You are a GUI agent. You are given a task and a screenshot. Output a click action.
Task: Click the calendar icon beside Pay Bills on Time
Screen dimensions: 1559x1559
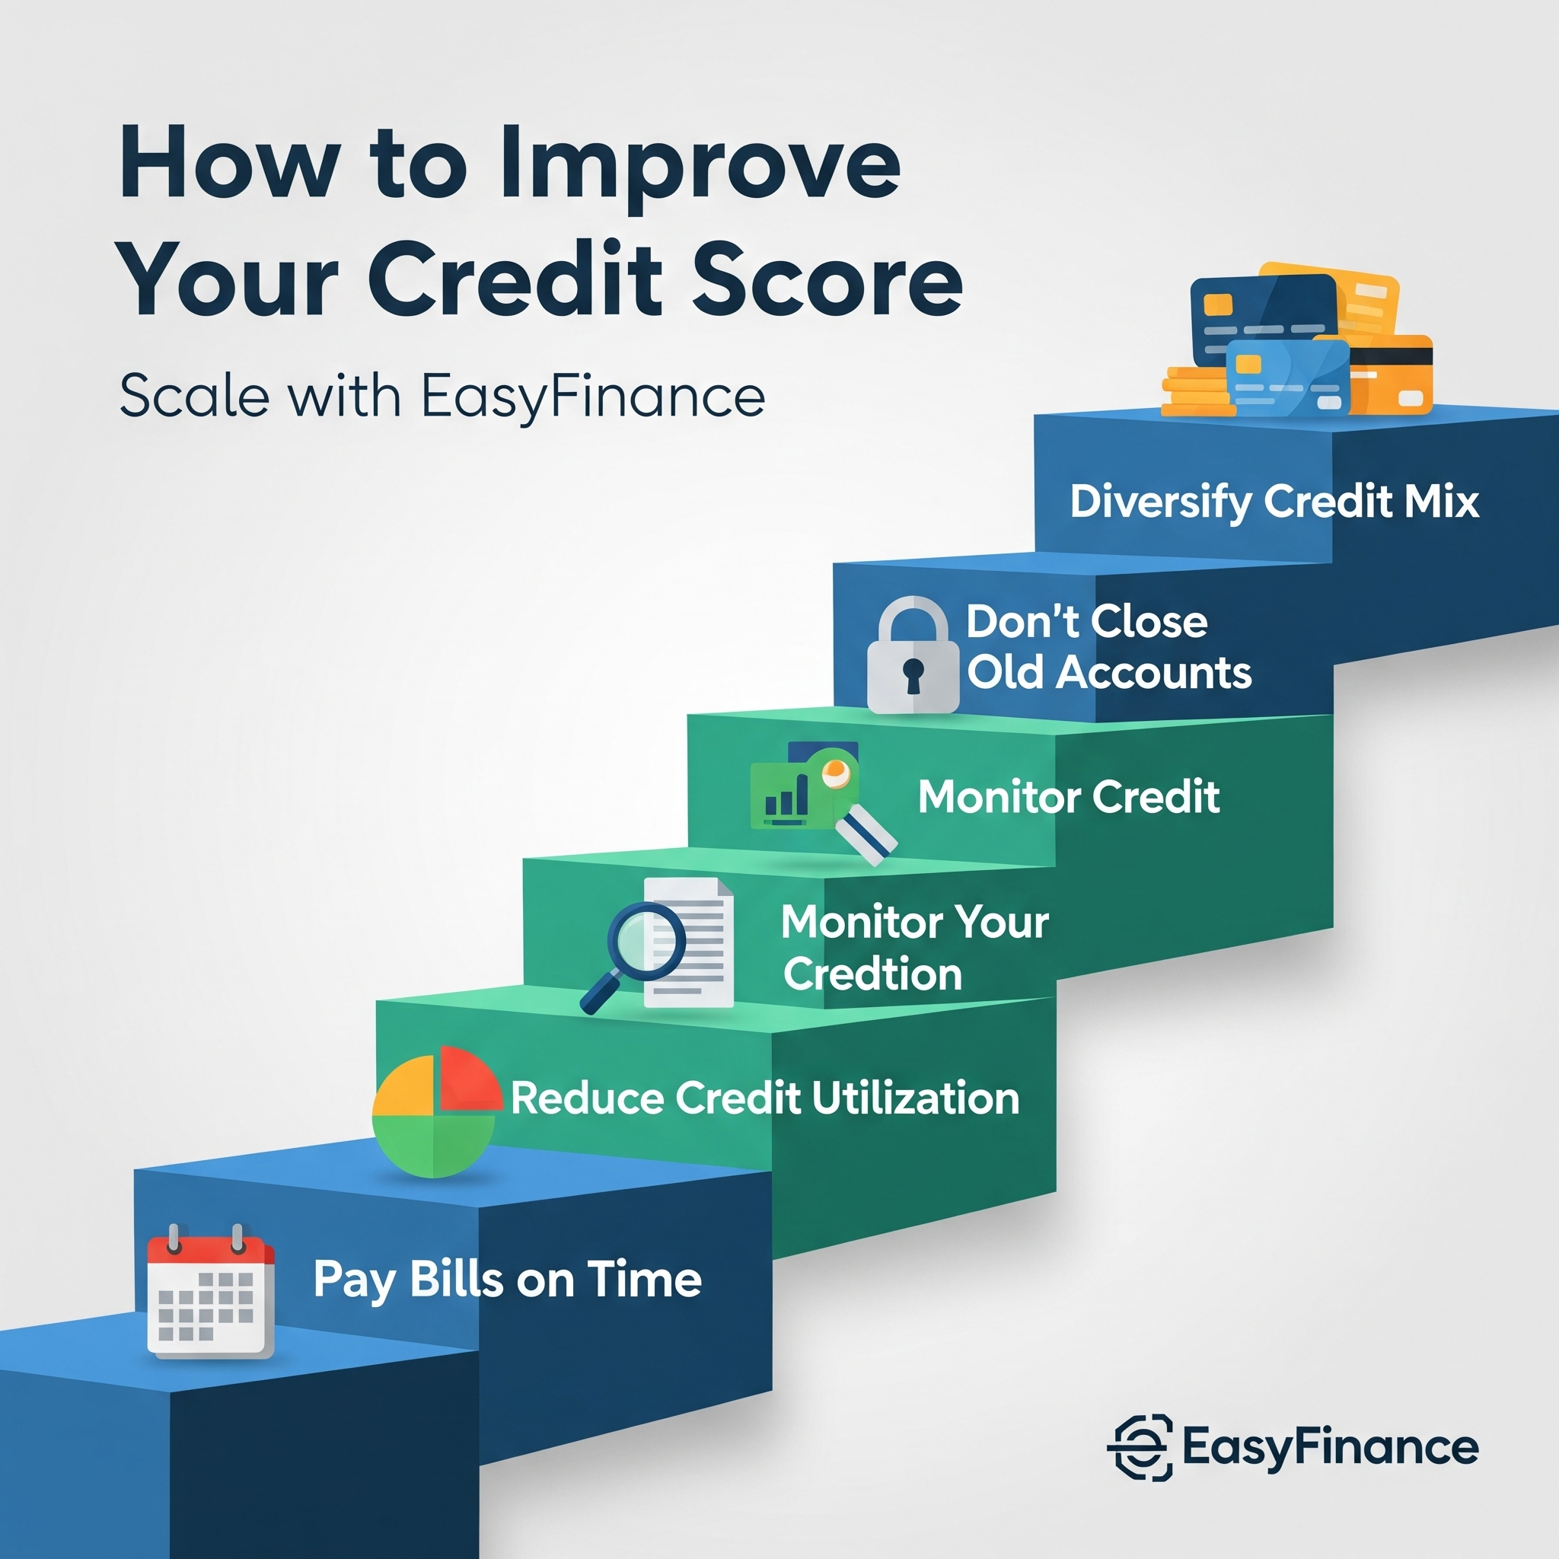click(211, 1291)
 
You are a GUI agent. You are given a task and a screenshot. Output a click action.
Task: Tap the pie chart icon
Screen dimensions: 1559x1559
click(436, 1112)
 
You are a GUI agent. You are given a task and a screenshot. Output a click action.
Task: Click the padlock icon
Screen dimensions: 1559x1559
click(913, 655)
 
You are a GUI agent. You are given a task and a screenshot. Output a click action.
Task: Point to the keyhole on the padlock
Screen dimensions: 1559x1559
click(913, 674)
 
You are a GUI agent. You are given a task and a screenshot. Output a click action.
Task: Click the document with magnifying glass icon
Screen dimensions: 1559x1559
click(658, 944)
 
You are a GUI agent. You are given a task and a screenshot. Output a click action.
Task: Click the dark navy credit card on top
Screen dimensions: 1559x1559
click(1263, 319)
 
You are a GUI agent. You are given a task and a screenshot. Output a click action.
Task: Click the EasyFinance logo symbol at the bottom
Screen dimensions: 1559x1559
click(1140, 1448)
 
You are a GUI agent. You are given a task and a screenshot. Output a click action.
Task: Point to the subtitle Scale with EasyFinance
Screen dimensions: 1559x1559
click(442, 396)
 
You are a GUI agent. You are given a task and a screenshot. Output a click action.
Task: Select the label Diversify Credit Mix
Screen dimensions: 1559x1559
click(1275, 502)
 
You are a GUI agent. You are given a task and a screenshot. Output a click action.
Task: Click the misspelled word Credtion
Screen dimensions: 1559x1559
click(872, 974)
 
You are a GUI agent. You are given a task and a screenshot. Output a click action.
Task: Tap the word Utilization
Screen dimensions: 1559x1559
click(916, 1098)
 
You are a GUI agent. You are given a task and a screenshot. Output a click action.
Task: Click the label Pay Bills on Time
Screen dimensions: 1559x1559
click(508, 1280)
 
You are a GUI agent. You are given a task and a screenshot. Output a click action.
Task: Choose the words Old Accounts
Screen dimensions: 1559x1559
click(1110, 672)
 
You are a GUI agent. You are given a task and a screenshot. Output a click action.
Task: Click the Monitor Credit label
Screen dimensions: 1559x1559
click(1070, 797)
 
